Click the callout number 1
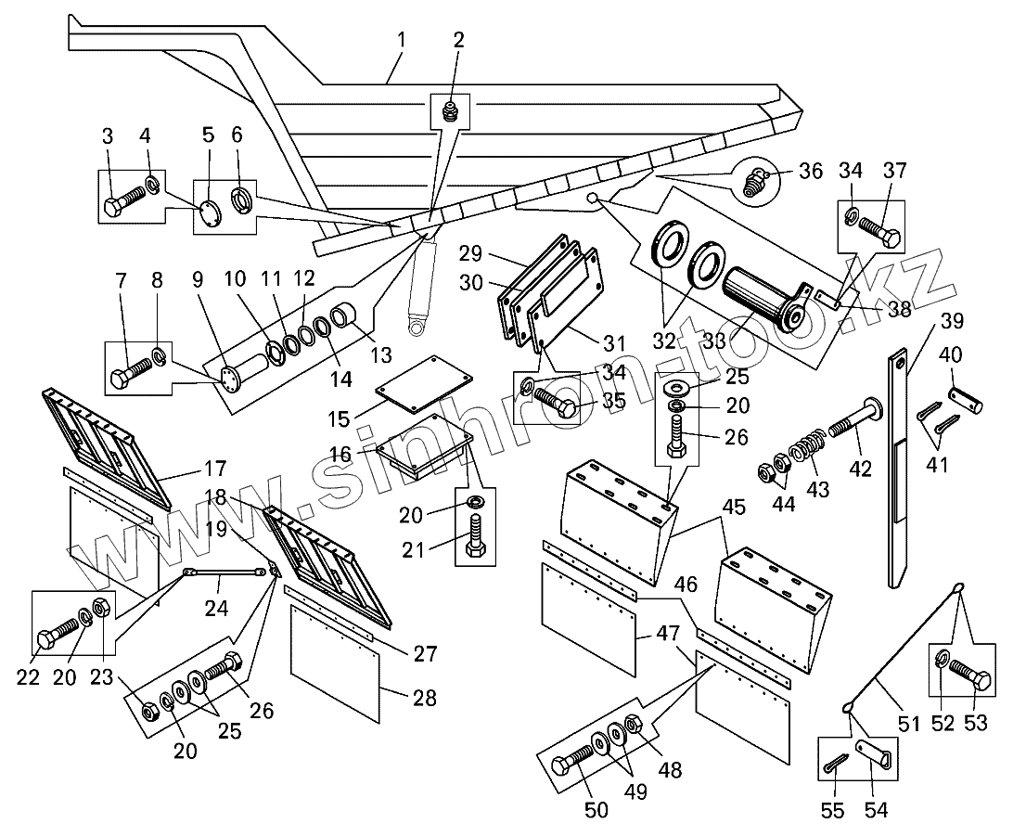(401, 40)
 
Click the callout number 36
(811, 172)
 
